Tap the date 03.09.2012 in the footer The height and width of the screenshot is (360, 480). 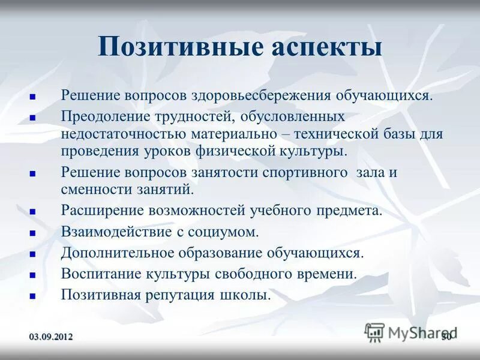[x=52, y=337]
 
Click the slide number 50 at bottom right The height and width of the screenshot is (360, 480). [x=446, y=337]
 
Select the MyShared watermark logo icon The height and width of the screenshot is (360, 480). [x=375, y=332]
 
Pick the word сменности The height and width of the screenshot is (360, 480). [x=88, y=190]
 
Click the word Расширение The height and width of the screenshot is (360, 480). [x=97, y=211]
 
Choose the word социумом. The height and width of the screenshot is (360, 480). [x=229, y=232]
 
